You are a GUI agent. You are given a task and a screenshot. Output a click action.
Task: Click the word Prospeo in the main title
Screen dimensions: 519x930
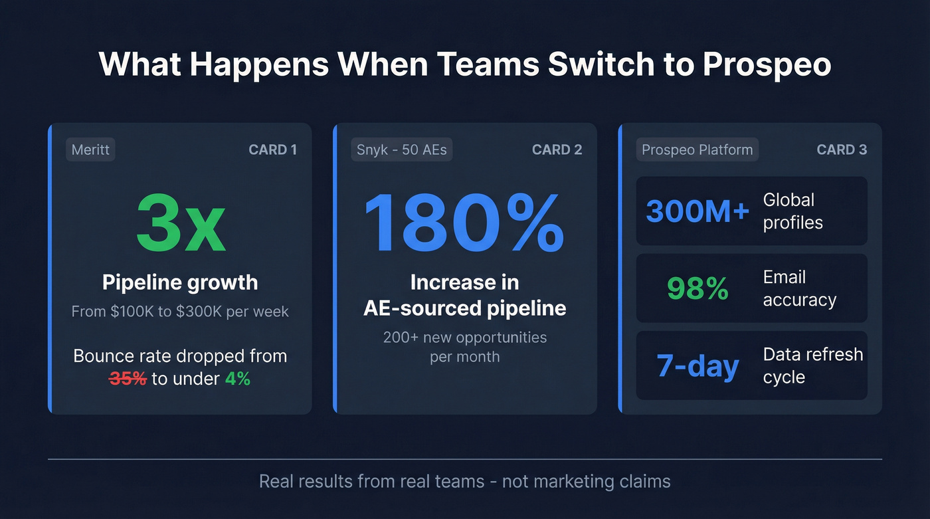767,64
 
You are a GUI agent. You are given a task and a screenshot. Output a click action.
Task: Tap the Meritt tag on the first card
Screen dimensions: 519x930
90,150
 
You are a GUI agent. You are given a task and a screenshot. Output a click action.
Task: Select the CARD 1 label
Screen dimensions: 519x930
272,150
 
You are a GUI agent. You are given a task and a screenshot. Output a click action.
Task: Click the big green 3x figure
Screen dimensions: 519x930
180,222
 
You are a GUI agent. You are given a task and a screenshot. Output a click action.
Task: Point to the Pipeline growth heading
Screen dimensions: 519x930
180,282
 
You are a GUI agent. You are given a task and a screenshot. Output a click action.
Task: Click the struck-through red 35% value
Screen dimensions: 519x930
128,379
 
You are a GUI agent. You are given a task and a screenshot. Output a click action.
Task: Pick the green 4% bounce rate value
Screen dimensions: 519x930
238,379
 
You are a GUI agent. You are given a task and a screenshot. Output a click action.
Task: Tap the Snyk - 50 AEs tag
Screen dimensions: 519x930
401,150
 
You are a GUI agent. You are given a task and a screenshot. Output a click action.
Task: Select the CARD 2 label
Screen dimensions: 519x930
557,150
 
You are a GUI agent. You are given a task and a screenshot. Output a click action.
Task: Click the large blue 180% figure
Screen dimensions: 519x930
464,222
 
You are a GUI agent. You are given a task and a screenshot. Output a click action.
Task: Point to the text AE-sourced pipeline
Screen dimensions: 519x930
464,308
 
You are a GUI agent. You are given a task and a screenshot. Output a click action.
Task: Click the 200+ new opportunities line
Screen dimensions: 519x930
464,338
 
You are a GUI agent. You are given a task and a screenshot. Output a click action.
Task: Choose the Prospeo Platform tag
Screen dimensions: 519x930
697,150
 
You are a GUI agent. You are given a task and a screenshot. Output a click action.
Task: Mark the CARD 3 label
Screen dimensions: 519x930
842,150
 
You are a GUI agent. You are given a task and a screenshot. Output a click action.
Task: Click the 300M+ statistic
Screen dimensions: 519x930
697,211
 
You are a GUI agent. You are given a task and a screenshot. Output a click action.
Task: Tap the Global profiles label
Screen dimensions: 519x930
792,211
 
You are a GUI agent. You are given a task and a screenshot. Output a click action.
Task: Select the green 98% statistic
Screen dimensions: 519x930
697,288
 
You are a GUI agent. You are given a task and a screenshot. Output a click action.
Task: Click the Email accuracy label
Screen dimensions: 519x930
799,288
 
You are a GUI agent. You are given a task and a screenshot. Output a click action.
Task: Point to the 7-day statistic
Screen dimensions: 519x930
697,366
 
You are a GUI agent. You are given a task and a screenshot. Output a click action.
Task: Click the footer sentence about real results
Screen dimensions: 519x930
464,481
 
